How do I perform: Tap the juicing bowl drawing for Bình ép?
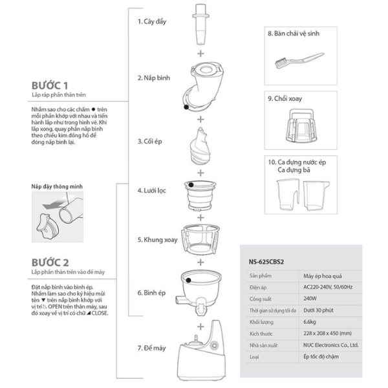coord(201,288)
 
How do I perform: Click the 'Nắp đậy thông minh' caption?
coord(57,185)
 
